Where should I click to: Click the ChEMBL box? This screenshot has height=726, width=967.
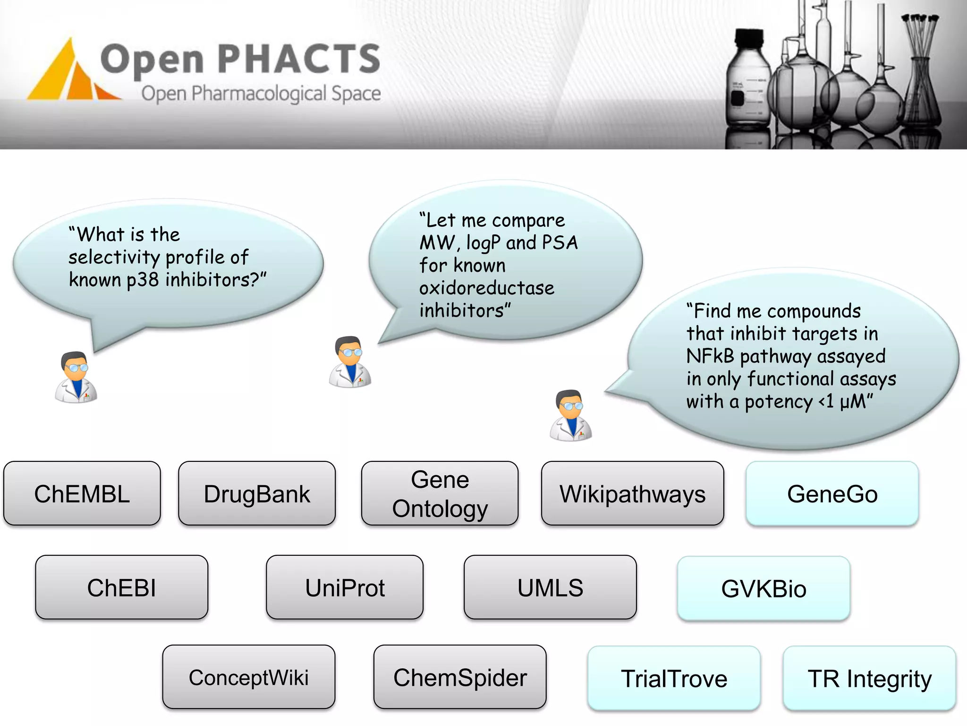tap(82, 493)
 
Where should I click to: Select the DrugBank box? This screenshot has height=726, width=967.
tap(257, 493)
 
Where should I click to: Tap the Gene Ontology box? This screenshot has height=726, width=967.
tap(440, 493)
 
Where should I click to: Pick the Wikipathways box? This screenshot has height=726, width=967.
tap(632, 493)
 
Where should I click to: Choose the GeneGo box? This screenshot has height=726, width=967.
tap(832, 493)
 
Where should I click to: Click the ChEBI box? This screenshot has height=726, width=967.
tap(121, 588)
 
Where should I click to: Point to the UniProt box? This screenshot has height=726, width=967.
tap(345, 588)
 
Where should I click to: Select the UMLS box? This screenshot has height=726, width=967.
tap(550, 588)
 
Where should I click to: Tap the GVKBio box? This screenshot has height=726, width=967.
tap(763, 588)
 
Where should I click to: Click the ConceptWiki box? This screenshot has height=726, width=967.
tap(249, 677)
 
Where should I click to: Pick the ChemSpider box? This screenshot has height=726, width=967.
tap(460, 677)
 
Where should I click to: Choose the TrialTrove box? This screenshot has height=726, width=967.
tap(674, 678)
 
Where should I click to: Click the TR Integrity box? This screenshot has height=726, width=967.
tap(869, 678)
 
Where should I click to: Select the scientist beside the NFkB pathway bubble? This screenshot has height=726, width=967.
tap(570, 415)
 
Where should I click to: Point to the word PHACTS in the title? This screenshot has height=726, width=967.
tap(299, 59)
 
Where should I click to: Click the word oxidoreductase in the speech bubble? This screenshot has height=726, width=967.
tap(486, 288)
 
